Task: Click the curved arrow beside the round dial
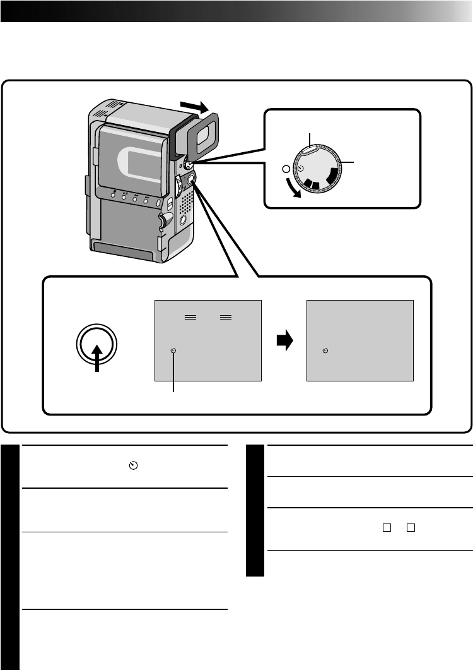[x=291, y=190]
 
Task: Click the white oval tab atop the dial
[x=310, y=150]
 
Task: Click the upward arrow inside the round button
[x=96, y=358]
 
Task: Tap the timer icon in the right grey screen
[x=325, y=350]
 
